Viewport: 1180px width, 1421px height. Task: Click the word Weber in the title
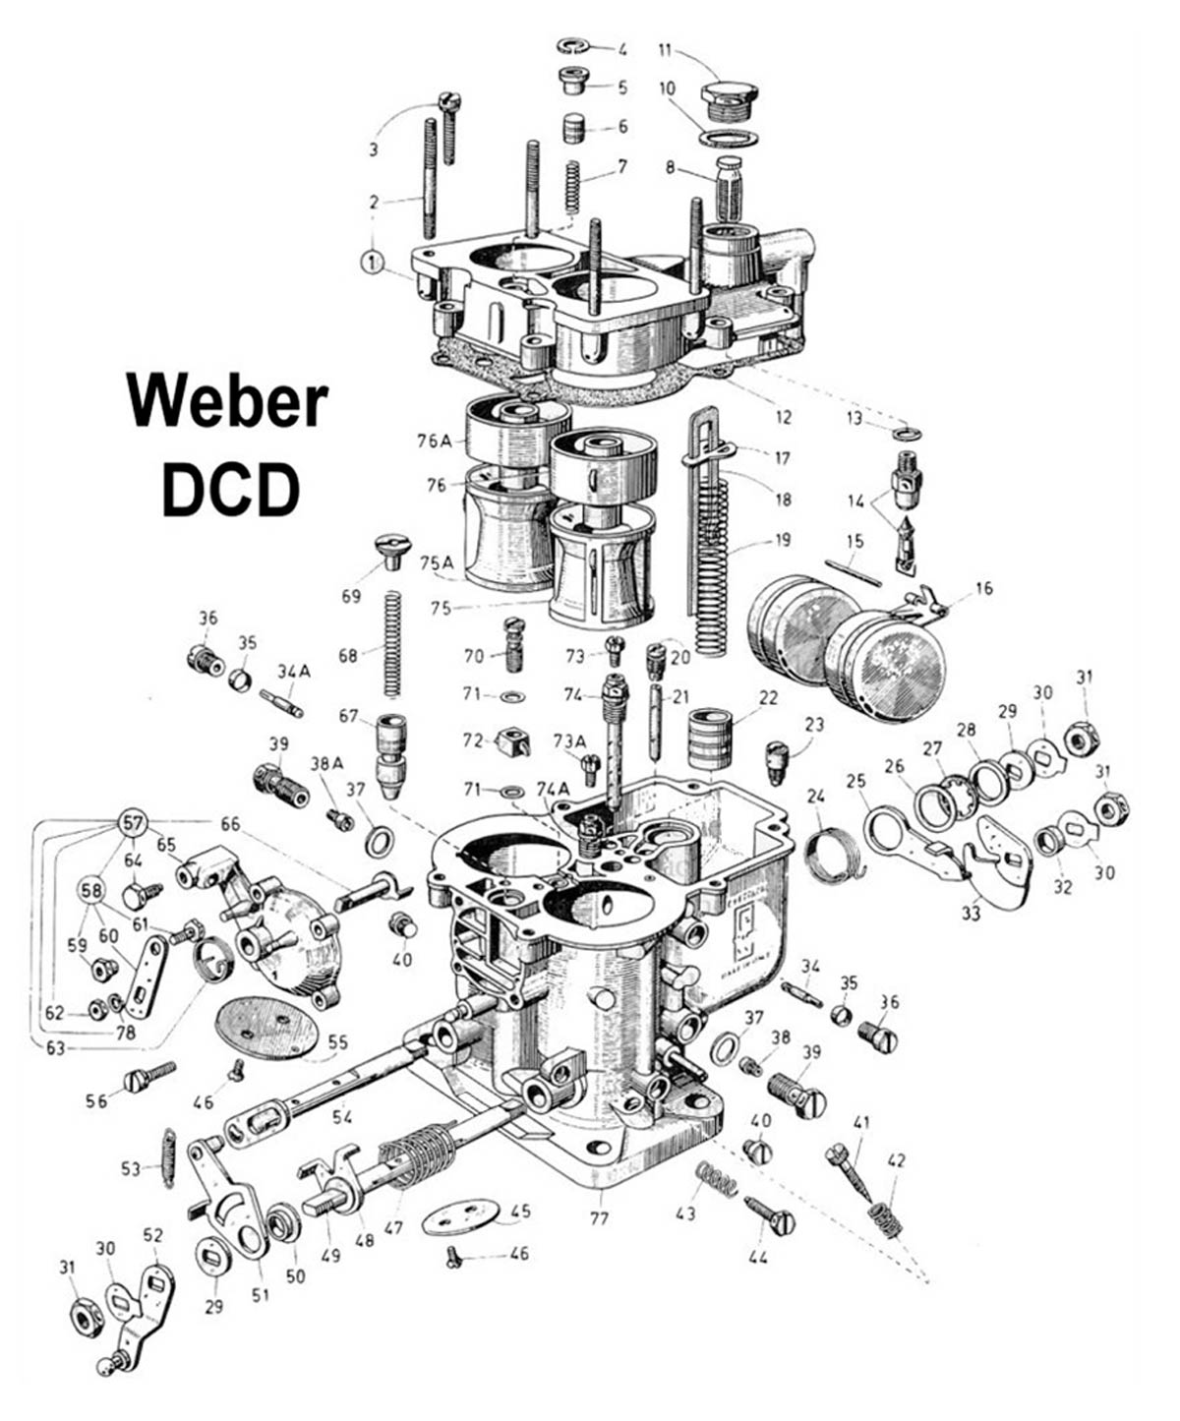click(226, 402)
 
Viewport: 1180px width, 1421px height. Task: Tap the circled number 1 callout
click(372, 263)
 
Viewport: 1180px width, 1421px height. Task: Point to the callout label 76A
click(433, 442)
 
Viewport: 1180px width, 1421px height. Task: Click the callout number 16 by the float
click(983, 589)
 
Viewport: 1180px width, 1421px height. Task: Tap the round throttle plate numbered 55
click(265, 1027)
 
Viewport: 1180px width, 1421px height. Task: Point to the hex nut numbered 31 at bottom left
click(87, 1317)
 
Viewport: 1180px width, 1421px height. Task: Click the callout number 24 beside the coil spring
click(815, 795)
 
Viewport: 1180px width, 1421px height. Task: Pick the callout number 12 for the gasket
click(783, 417)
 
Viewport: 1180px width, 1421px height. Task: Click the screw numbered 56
click(149, 1078)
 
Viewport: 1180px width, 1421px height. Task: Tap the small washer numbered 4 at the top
click(572, 46)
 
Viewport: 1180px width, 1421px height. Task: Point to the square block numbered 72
click(512, 741)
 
